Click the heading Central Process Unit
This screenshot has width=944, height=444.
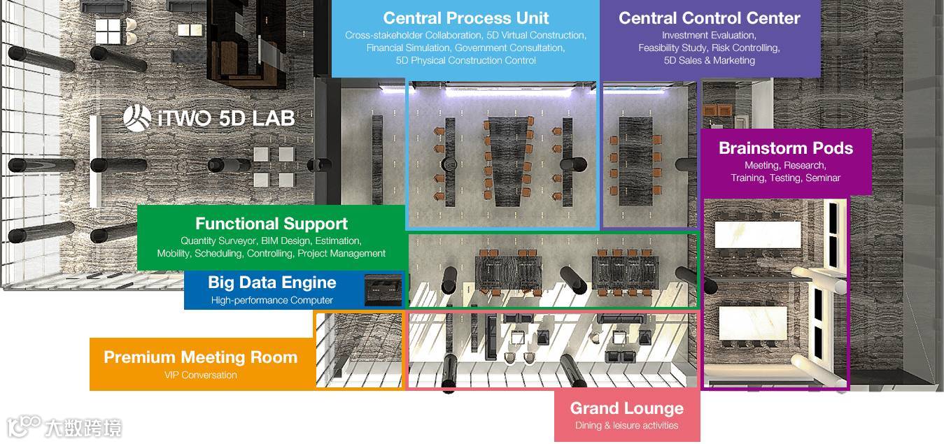click(466, 18)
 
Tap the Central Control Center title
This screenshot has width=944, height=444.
click(709, 18)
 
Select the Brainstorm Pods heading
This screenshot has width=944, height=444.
click(785, 148)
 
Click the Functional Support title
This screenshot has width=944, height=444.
click(272, 224)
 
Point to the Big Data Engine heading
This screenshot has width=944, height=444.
click(272, 282)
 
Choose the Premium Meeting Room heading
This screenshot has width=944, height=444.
click(200, 357)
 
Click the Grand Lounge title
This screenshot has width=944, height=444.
click(626, 408)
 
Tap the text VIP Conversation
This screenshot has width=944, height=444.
click(200, 375)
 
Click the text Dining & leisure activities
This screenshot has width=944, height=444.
click(626, 425)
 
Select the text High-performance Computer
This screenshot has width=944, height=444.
click(272, 301)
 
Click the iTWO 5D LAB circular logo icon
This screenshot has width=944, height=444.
click(137, 118)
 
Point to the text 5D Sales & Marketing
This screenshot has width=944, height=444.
click(709, 61)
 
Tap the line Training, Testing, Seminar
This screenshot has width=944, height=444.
click(785, 178)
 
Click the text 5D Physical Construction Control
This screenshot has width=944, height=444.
click(466, 61)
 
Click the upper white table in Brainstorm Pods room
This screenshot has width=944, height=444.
click(757, 234)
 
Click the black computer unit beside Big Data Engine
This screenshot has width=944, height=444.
click(383, 289)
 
